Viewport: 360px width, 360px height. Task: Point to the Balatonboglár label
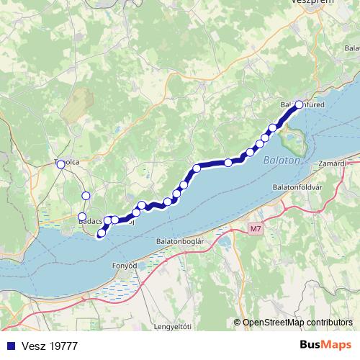pyautogui.click(x=181, y=241)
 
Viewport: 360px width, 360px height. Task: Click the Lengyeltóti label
pyautogui.click(x=175, y=328)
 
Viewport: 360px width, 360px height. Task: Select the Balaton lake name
pyautogui.click(x=281, y=161)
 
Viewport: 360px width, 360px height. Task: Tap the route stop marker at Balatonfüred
pyautogui.click(x=299, y=105)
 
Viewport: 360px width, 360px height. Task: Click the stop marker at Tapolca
pyautogui.click(x=60, y=163)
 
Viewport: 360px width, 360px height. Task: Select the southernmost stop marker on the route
pyautogui.click(x=101, y=233)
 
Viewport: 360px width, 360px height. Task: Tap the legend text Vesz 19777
pyautogui.click(x=50, y=346)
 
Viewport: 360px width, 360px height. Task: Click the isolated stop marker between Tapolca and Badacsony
pyautogui.click(x=86, y=195)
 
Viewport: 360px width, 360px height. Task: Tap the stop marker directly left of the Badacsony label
pyautogui.click(x=82, y=217)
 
